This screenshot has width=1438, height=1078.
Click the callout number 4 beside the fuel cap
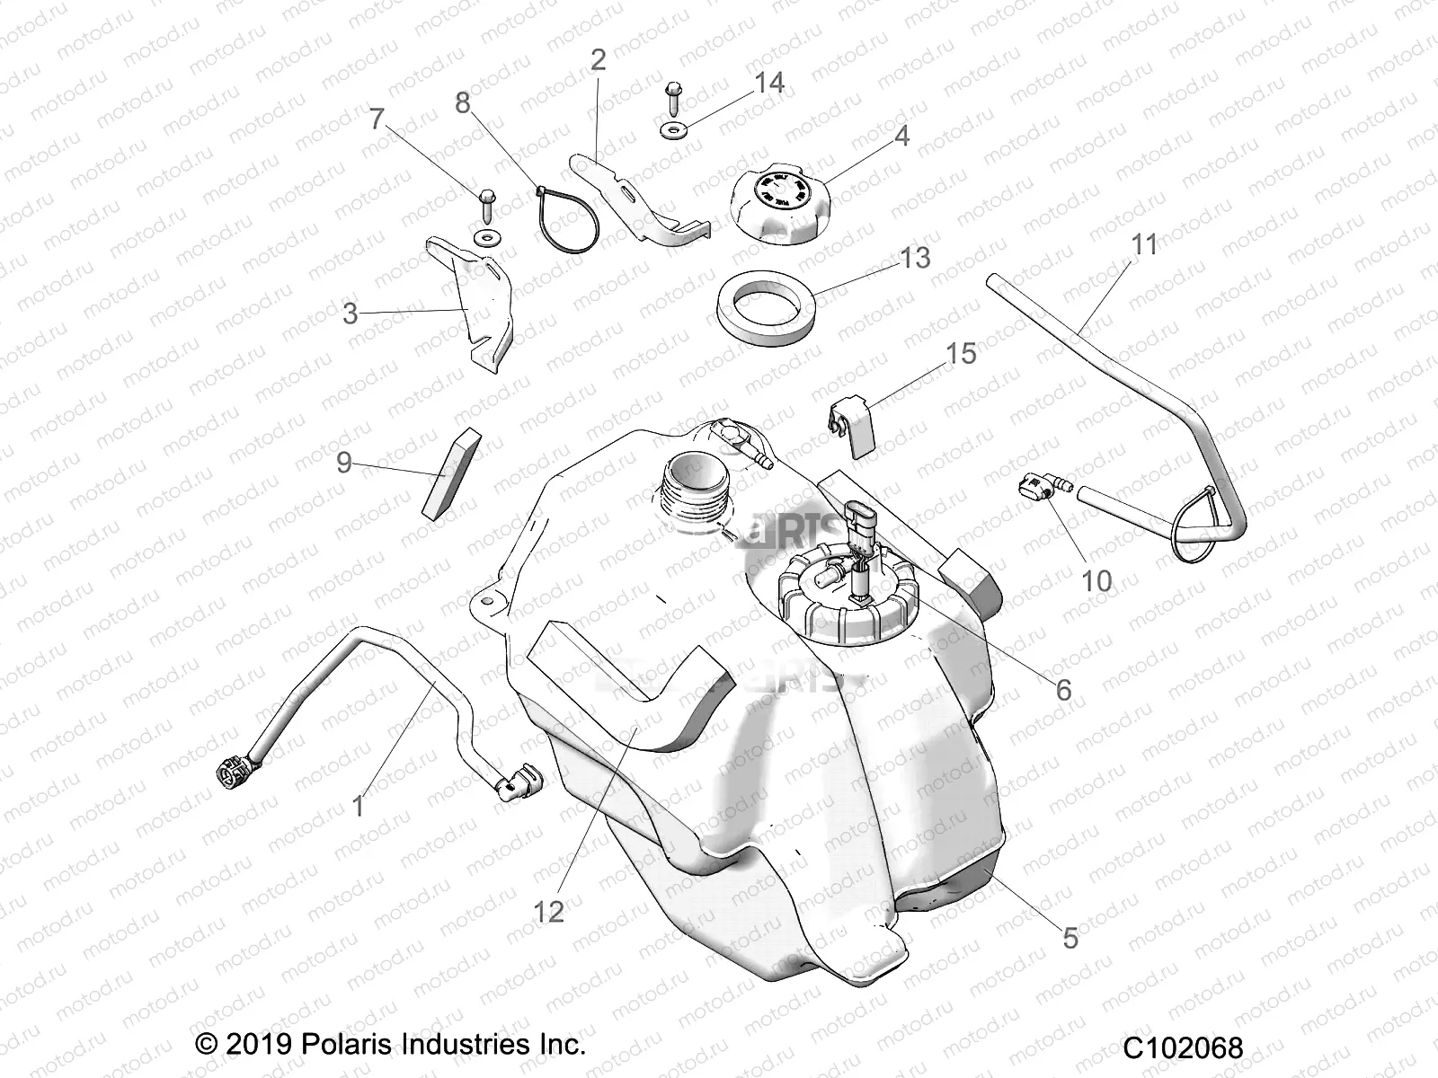(x=901, y=136)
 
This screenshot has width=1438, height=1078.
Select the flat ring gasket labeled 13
(x=766, y=305)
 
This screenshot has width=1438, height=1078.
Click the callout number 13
(x=915, y=259)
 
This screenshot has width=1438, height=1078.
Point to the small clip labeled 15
(x=849, y=416)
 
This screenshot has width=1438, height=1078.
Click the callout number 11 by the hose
(x=1144, y=244)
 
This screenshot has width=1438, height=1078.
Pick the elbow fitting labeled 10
(x=1041, y=490)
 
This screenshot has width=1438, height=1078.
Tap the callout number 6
(x=1063, y=689)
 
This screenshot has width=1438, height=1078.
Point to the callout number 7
(x=377, y=119)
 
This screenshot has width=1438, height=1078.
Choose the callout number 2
(x=598, y=60)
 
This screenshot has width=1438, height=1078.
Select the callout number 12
(x=548, y=912)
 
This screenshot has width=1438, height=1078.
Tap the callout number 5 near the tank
(x=1070, y=937)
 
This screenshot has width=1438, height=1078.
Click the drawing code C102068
(x=1182, y=1047)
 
